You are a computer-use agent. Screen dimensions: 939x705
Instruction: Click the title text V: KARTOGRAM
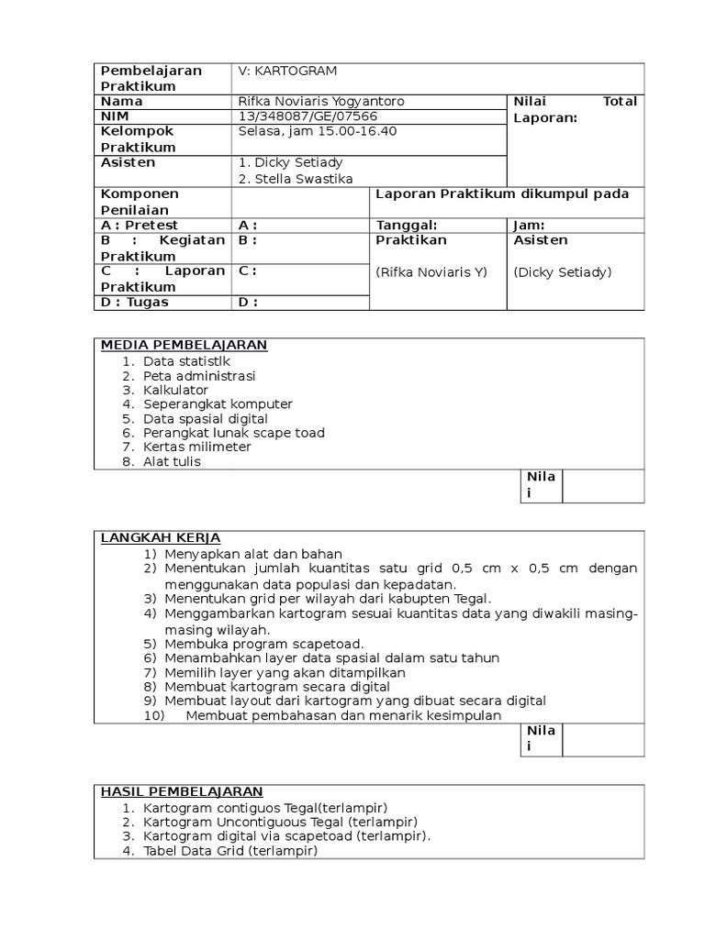pos(286,71)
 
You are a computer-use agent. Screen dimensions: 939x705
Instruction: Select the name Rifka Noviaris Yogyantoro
pos(320,101)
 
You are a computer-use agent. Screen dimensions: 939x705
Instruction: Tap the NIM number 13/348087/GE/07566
pos(308,116)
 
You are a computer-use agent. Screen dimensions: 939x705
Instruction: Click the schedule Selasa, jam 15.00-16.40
pos(317,132)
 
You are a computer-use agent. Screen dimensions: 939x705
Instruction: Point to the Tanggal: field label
pos(407,226)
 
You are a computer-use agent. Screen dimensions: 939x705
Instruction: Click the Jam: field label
pos(530,226)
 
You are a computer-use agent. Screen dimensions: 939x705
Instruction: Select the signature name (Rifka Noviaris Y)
pos(423,271)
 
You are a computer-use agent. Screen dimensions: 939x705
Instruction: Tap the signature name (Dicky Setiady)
pos(563,271)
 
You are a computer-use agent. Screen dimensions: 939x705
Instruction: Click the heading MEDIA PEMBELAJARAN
pos(184,345)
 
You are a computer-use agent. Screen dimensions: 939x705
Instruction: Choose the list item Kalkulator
pos(175,390)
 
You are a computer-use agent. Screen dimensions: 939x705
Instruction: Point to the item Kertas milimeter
pos(196,447)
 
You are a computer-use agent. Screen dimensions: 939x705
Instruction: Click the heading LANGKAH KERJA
pos(161,537)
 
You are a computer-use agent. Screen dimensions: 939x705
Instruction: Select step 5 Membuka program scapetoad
pos(264,643)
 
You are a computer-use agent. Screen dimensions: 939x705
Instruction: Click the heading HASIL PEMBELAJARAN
pos(182,791)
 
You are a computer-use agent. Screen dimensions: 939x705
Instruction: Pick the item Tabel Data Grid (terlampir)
pos(229,851)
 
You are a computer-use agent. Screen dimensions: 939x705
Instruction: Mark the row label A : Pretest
pos(140,226)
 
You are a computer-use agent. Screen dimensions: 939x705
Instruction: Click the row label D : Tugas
pos(135,302)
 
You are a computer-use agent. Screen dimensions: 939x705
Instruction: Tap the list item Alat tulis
pos(172,461)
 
